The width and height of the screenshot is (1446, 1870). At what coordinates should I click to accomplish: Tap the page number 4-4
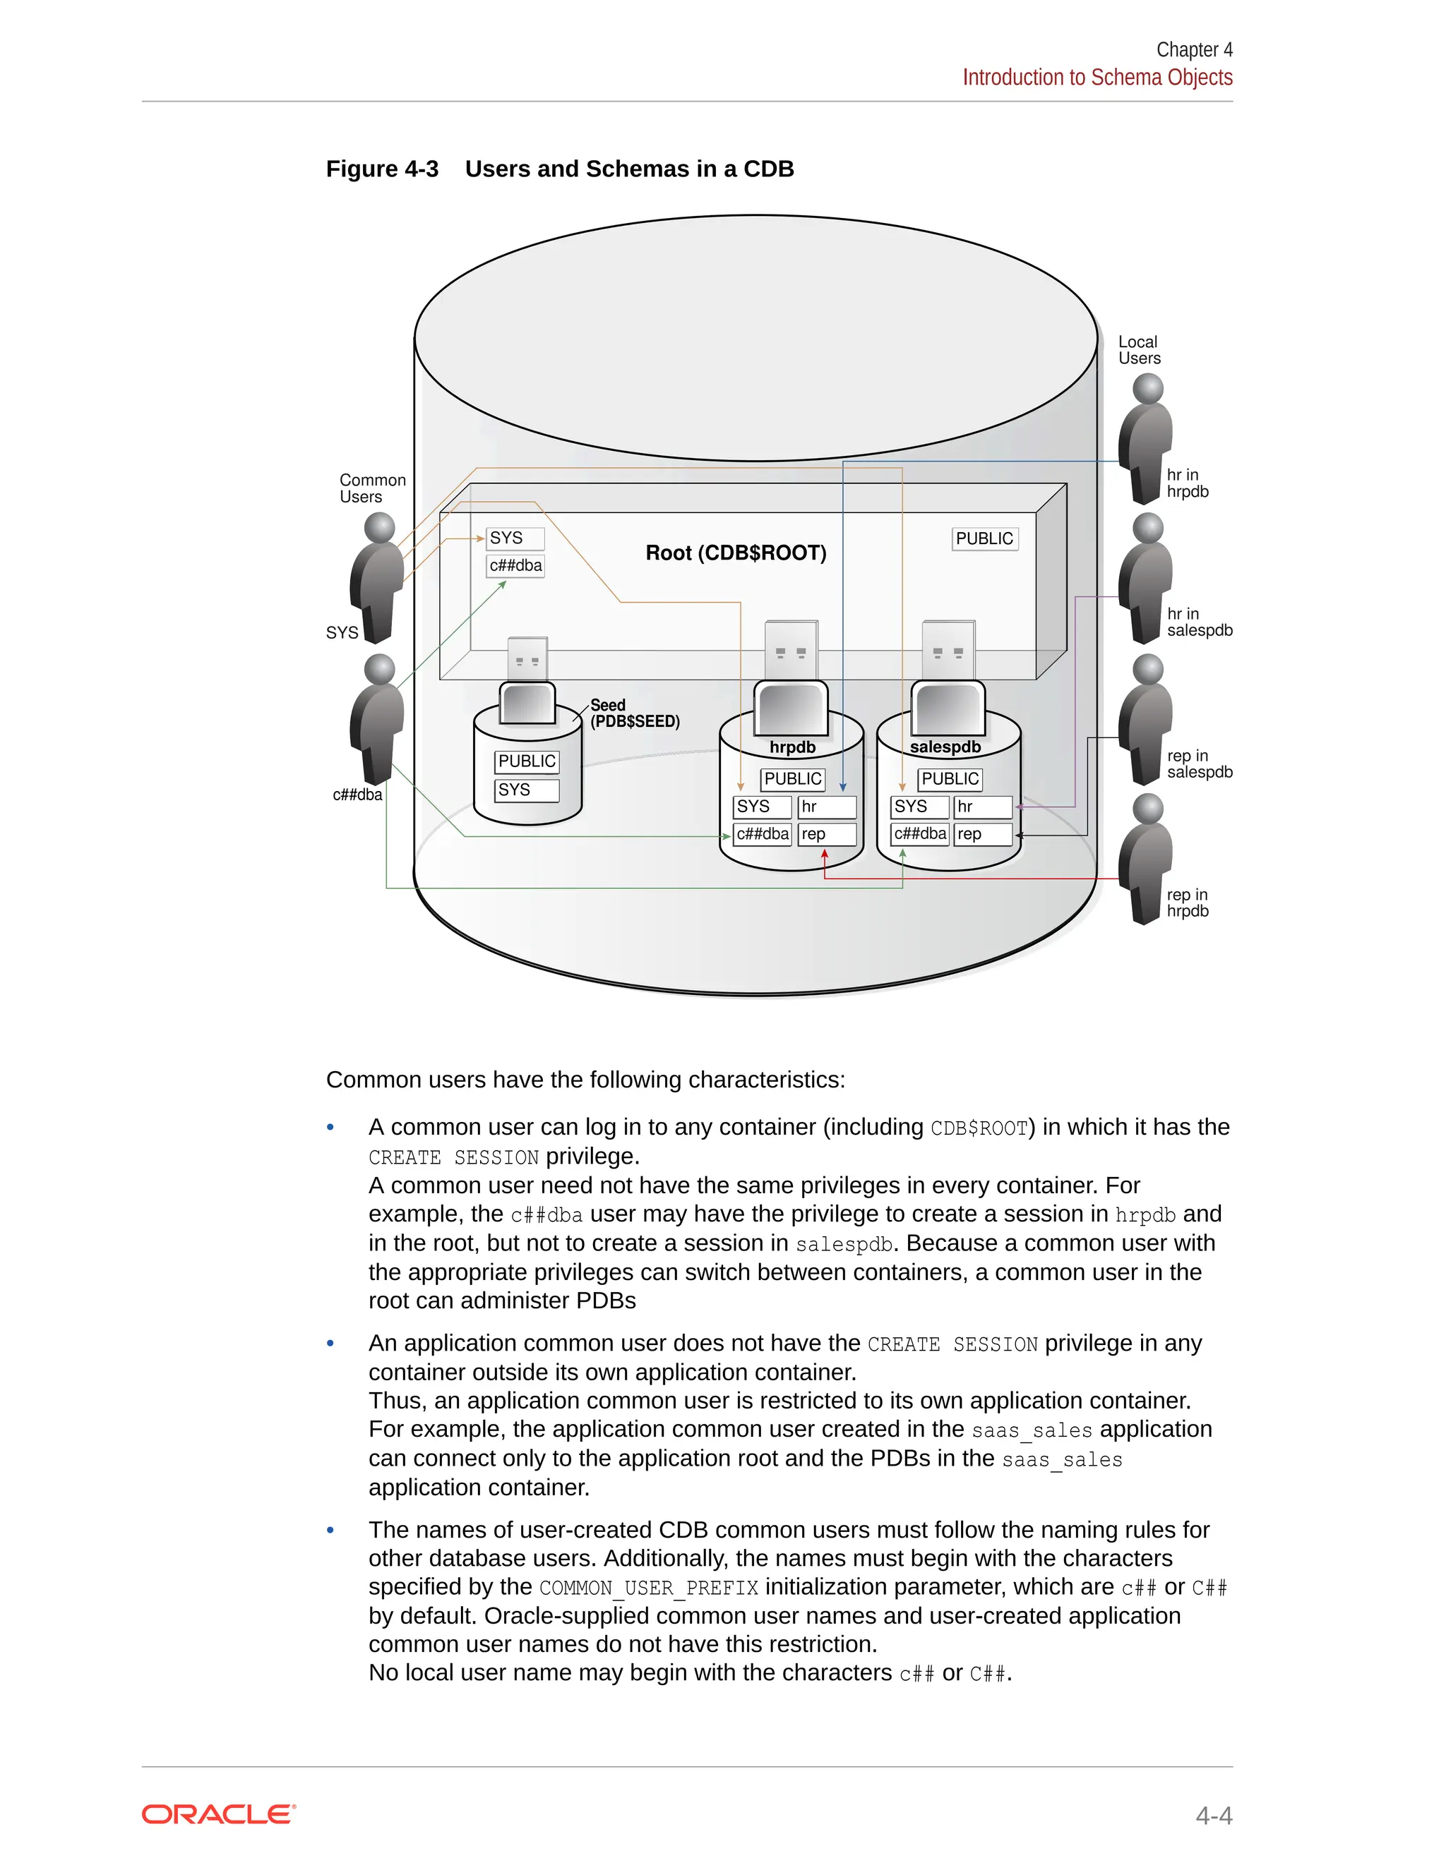pyautogui.click(x=1213, y=1815)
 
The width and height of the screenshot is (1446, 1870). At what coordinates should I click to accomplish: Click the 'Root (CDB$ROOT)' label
pyautogui.click(x=736, y=553)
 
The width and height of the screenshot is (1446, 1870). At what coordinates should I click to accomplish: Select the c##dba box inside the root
pyautogui.click(x=515, y=566)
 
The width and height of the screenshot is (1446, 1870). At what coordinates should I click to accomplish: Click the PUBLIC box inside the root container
pyautogui.click(x=984, y=538)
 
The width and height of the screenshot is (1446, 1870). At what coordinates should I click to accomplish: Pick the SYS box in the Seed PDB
pyautogui.click(x=526, y=790)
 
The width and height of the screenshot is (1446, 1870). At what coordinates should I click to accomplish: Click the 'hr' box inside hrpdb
pyautogui.click(x=826, y=807)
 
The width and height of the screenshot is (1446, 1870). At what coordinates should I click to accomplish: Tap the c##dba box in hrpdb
pyautogui.click(x=763, y=834)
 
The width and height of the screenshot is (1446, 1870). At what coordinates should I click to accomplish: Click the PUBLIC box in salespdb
pyautogui.click(x=950, y=779)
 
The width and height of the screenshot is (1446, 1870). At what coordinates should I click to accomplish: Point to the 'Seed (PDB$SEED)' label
pyautogui.click(x=635, y=713)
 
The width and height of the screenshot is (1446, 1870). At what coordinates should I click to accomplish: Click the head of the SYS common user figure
pyautogui.click(x=379, y=527)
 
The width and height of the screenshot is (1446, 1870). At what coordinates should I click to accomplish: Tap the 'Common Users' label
pyautogui.click(x=372, y=488)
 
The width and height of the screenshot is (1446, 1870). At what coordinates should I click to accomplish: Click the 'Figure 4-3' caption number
pyautogui.click(x=382, y=169)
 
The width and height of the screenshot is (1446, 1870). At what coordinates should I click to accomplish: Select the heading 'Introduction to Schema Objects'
pyautogui.click(x=1097, y=77)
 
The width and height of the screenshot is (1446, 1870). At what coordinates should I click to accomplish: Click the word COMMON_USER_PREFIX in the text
pyautogui.click(x=648, y=1588)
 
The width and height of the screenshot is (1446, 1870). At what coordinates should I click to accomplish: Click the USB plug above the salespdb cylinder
pyautogui.click(x=948, y=651)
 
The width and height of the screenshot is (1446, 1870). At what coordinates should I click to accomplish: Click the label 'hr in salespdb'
pyautogui.click(x=1198, y=622)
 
